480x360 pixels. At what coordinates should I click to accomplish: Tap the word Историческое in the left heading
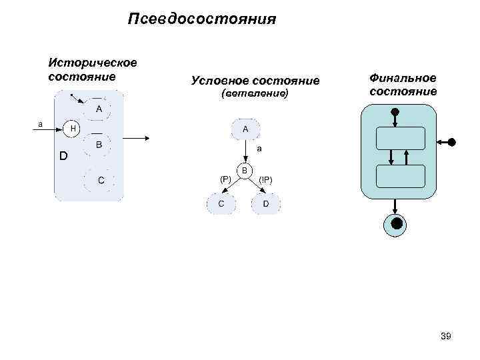[x=93, y=63]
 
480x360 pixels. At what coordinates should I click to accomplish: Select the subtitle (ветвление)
[x=254, y=95]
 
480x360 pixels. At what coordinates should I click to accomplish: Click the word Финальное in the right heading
[x=403, y=78]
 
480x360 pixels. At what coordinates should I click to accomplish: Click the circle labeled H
[x=73, y=127]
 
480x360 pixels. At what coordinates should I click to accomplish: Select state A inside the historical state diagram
[x=98, y=109]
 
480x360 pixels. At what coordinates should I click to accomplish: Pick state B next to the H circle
[x=98, y=144]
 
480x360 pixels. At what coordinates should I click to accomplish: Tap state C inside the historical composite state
[x=100, y=180]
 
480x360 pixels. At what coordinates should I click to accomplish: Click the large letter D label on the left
[x=63, y=157]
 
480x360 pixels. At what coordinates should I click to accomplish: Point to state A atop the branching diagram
[x=245, y=129]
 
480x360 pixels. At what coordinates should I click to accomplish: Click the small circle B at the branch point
[x=245, y=171]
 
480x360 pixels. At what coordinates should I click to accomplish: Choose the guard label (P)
[x=225, y=179]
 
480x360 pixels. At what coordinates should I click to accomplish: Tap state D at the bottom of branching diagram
[x=266, y=203]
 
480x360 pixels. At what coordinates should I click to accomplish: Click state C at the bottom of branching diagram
[x=221, y=203]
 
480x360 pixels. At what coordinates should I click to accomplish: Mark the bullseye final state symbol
[x=397, y=224]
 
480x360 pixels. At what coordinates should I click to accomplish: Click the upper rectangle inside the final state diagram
[x=400, y=138]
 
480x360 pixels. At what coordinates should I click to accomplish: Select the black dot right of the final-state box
[x=452, y=142]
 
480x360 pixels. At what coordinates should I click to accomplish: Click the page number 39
[x=446, y=337]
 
